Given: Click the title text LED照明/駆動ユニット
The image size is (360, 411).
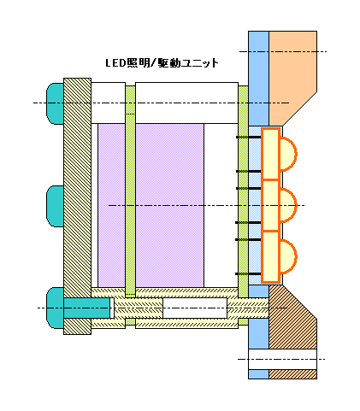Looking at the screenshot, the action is tap(162, 62).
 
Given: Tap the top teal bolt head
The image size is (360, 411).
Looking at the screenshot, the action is tap(56, 103).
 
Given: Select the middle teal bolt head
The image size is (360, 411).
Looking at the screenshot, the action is tap(56, 206).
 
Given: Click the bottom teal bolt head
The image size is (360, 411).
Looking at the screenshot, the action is tap(55, 308).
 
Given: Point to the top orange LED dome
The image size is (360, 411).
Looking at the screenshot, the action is tap(288, 154).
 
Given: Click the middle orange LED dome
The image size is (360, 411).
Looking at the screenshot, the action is tap(288, 205).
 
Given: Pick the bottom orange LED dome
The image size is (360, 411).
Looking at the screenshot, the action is tap(288, 256).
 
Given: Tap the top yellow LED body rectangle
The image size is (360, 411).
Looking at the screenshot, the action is tap(270, 154).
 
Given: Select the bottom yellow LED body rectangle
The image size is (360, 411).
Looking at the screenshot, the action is tap(270, 257).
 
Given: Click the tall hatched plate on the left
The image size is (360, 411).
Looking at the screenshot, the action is tap(77, 206).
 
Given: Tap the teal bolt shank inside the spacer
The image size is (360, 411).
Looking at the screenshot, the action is tap(87, 308).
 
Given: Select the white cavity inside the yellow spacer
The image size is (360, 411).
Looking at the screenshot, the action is tap(195, 308).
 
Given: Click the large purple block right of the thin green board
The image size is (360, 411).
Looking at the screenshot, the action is tap(169, 205).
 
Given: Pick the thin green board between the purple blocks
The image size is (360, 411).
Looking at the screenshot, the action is tap(130, 205).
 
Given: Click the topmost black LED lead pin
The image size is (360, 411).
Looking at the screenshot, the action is tap(249, 138).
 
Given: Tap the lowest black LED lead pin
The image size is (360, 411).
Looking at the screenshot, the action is tap(248, 274).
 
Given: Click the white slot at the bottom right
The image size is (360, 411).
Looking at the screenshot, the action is tap(282, 360).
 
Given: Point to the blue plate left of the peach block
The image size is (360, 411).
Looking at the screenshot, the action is tap(258, 79).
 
